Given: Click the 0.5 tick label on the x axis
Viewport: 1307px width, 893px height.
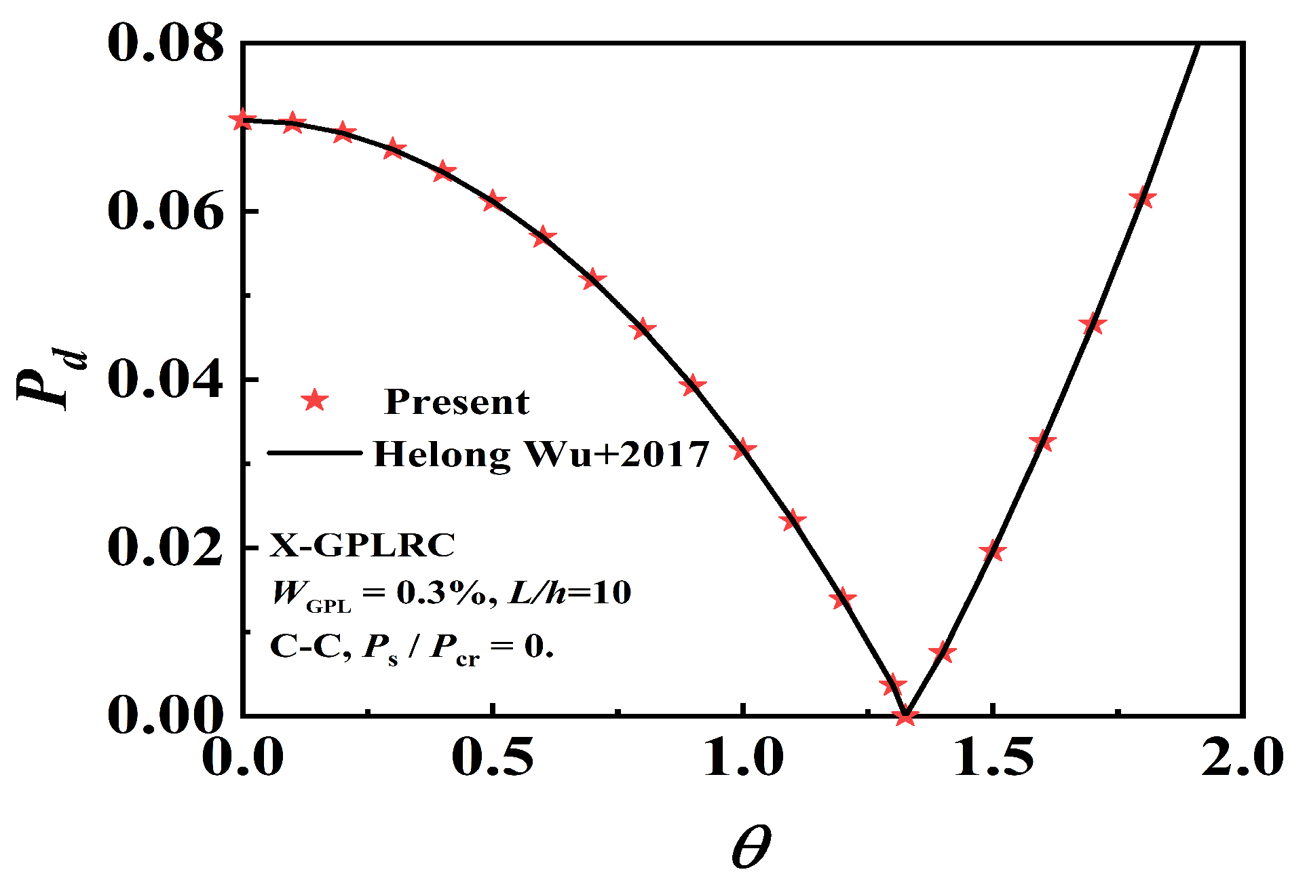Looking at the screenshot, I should point(493,757).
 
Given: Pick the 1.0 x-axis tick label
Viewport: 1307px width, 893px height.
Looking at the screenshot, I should point(743,757).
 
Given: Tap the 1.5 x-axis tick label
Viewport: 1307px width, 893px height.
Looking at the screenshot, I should point(993,757).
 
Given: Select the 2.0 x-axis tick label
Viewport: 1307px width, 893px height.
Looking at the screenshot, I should point(1243,757).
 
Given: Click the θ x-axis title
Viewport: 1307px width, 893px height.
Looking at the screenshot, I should point(751,848).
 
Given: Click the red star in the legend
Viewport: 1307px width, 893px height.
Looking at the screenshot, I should point(315,400).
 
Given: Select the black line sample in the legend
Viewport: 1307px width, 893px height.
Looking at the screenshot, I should point(315,453).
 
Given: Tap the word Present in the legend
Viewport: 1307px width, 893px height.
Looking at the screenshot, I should point(456,402).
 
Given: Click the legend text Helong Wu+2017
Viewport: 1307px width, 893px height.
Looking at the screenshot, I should point(542,454).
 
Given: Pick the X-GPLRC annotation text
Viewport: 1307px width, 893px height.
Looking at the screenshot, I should point(362,545).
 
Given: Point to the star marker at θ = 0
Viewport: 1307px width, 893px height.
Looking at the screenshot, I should point(242,120).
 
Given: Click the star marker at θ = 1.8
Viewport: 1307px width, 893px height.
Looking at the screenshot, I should point(1142,197).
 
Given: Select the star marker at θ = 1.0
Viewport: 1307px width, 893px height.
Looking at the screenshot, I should point(743,449).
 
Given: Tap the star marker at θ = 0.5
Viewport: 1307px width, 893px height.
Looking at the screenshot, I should point(493,201).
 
